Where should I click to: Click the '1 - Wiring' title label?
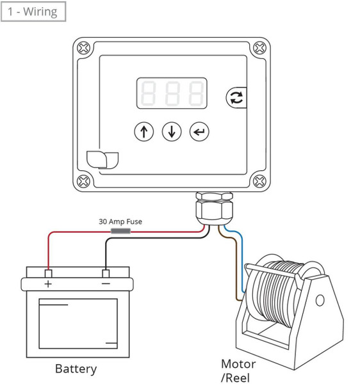pos(33,12)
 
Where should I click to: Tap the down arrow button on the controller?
pos(172,132)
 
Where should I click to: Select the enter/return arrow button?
pos(199,132)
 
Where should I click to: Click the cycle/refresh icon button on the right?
pos(235,98)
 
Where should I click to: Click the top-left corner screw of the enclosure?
pos(84,48)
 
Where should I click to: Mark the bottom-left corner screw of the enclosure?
pos(84,181)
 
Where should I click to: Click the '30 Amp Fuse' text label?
pos(120,221)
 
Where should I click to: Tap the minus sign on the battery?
pos(106,283)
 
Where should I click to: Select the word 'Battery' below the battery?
pos(76,369)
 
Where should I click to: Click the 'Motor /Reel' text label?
pos(238,370)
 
